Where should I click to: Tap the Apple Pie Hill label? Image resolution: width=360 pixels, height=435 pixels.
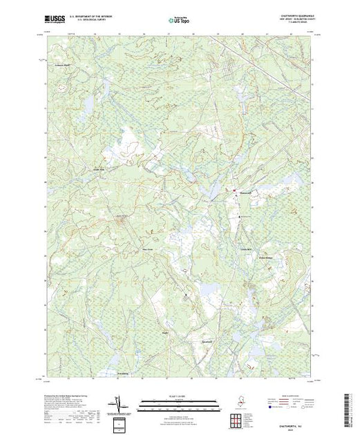pyautogui.click(x=121, y=219)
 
